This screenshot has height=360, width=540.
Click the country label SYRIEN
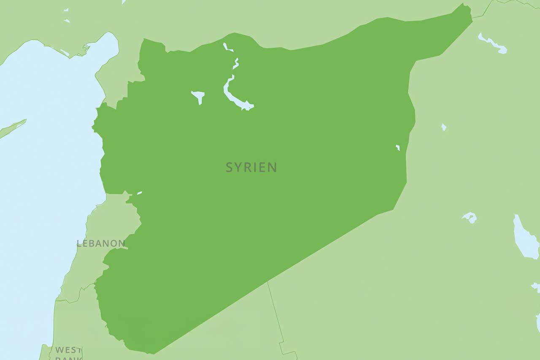click(x=251, y=167)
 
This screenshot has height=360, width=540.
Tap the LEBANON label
click(x=101, y=243)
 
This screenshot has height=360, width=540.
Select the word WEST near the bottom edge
click(x=68, y=350)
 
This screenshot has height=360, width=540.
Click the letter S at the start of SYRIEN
click(x=229, y=167)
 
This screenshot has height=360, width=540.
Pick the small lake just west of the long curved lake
click(x=198, y=95)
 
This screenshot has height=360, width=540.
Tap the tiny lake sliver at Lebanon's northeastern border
click(x=139, y=193)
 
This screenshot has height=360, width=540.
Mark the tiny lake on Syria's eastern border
click(x=397, y=147)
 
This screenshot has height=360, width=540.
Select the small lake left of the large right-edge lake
click(x=470, y=217)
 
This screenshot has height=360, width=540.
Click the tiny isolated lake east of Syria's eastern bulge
click(x=443, y=127)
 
